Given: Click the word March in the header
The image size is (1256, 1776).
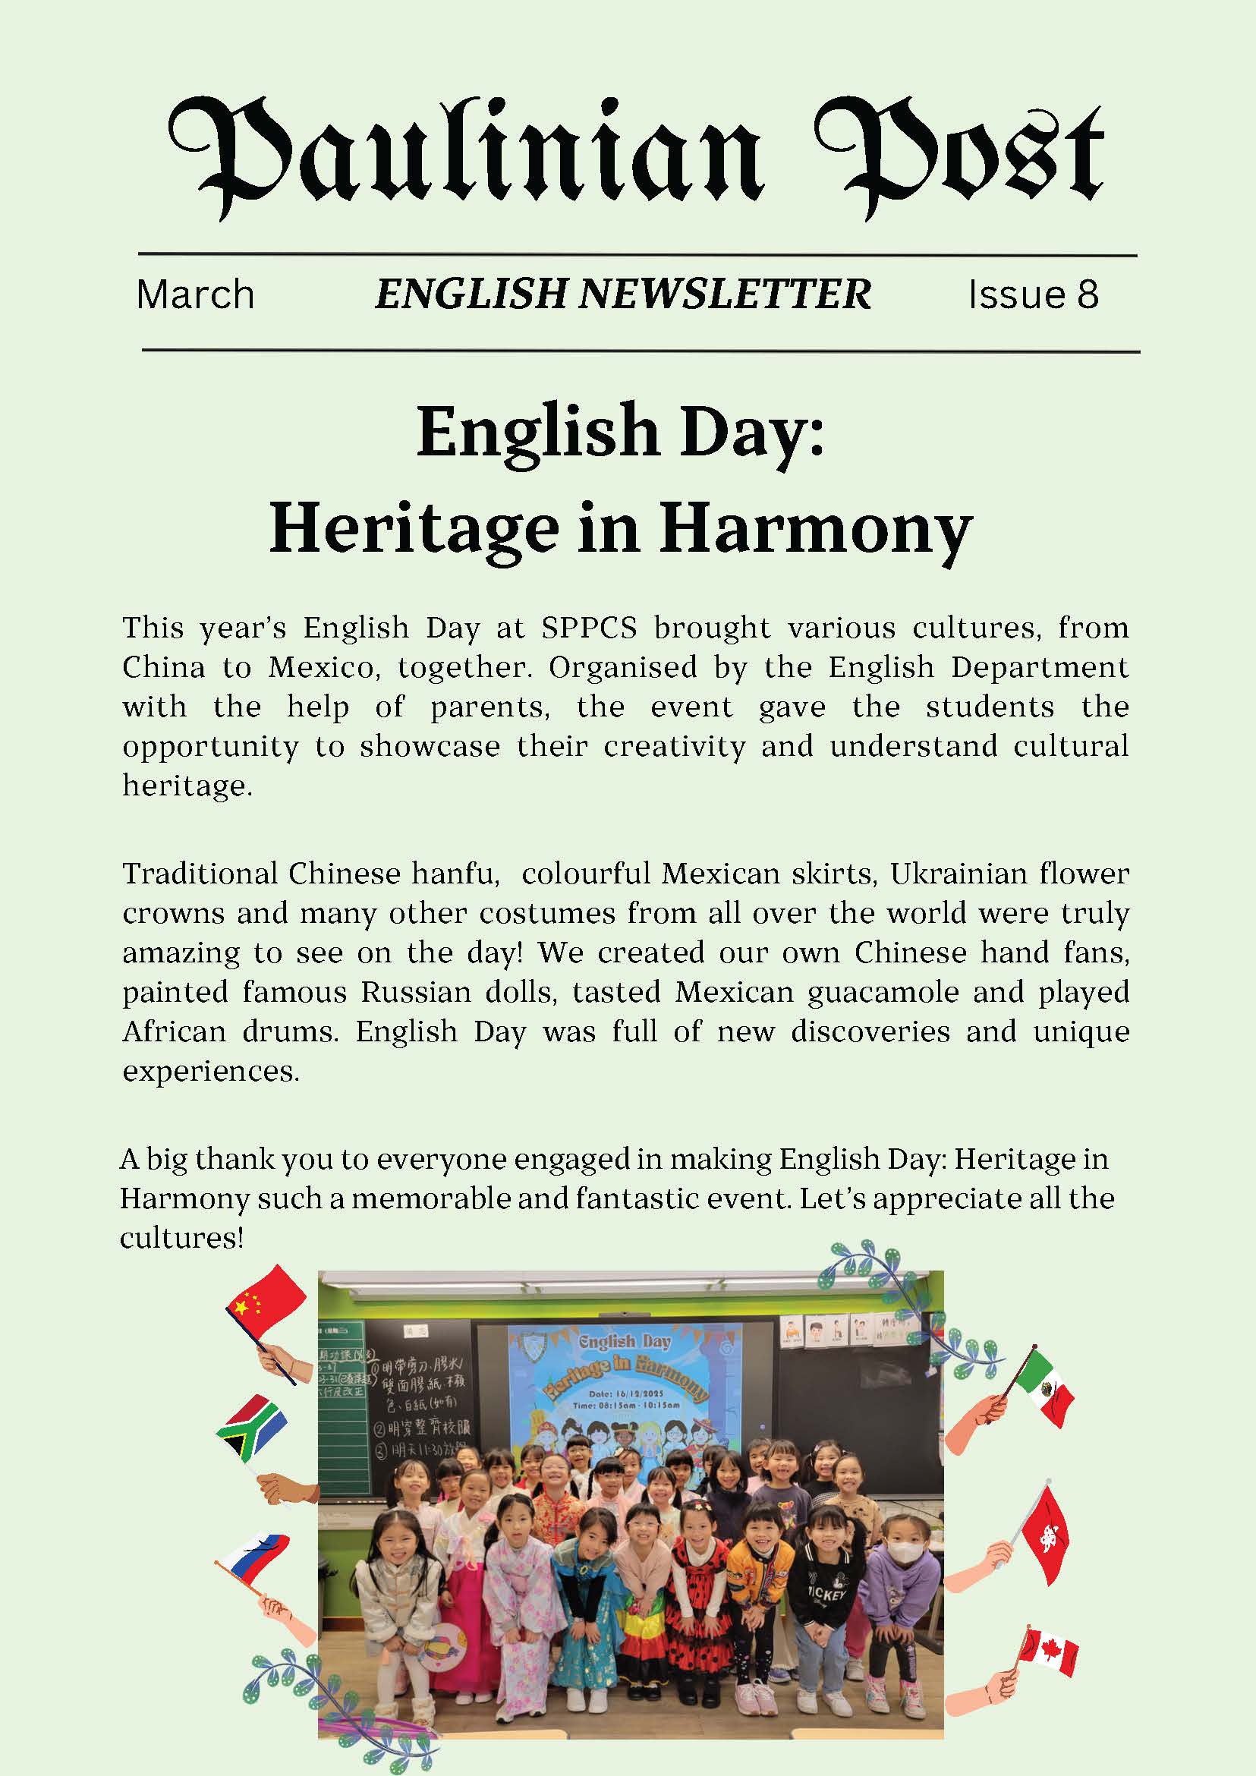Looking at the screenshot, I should (x=195, y=294).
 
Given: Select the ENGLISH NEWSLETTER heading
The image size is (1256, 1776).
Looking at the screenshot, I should (x=622, y=294).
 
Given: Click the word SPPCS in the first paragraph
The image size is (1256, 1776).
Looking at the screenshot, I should (x=589, y=628).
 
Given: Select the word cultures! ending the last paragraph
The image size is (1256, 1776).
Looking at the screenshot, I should (x=181, y=1239).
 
